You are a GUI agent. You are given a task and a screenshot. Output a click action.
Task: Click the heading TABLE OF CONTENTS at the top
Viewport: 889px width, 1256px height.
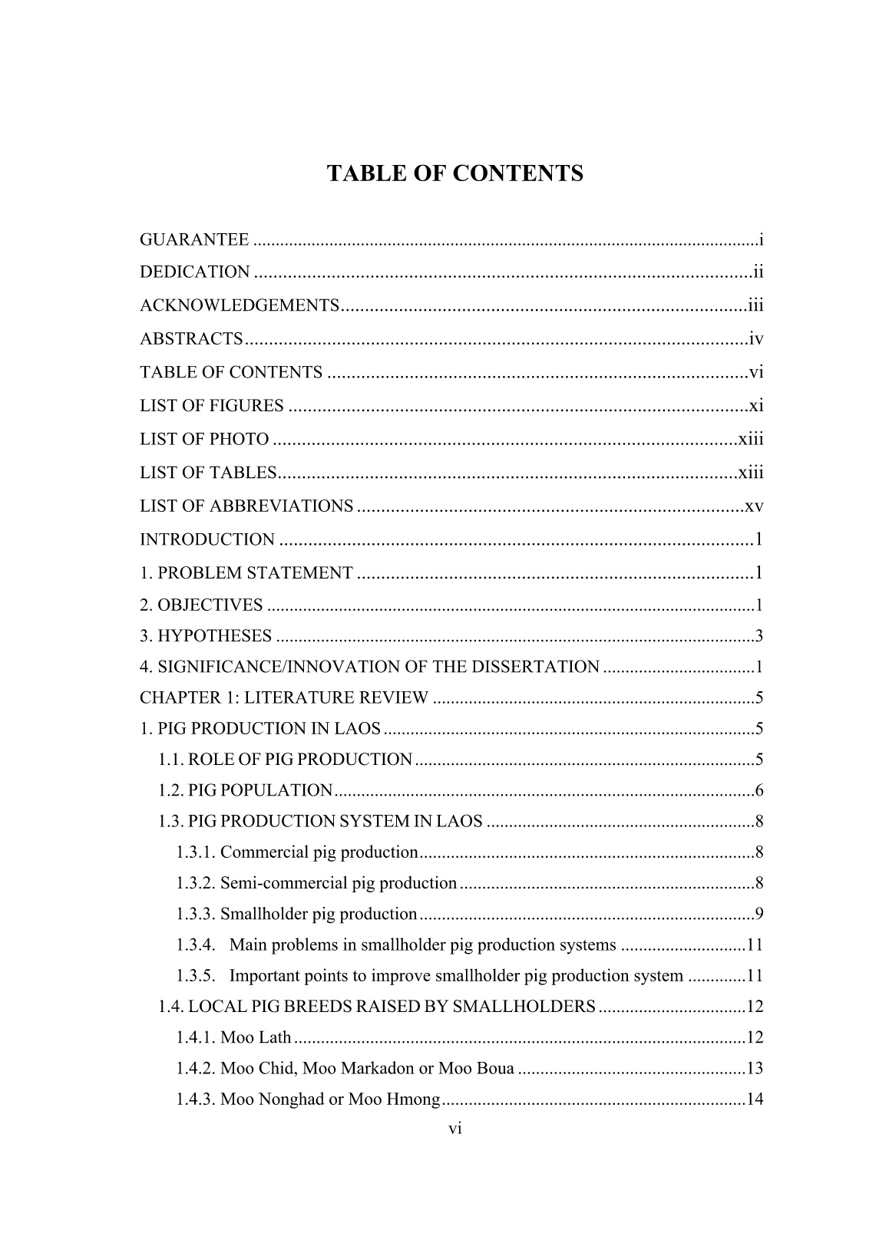point(454,173)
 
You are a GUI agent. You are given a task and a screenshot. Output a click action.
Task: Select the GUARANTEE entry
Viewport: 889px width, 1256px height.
point(194,240)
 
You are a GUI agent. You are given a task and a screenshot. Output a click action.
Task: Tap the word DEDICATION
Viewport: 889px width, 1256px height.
point(195,272)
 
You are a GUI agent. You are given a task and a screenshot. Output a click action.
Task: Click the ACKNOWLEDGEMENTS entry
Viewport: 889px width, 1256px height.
point(240,306)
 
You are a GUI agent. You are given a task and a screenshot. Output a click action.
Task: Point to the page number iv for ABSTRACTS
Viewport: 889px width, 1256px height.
point(755,338)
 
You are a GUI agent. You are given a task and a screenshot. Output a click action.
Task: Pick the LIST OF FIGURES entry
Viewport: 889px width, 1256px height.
point(212,406)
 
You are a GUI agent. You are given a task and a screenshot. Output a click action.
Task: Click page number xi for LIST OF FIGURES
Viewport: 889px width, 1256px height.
point(756,406)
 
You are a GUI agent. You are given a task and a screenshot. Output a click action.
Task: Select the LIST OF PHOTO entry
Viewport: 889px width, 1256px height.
point(204,440)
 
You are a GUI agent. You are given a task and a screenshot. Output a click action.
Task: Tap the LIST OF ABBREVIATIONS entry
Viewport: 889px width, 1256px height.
point(246,506)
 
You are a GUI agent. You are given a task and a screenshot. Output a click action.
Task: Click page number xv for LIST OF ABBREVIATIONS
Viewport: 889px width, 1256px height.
point(754,506)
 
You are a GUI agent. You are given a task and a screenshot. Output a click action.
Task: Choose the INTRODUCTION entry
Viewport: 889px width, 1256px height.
point(207,540)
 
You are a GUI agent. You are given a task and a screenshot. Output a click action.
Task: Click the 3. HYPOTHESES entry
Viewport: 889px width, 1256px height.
point(206,636)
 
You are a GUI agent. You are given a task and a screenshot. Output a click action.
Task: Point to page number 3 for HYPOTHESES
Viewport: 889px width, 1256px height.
point(758,636)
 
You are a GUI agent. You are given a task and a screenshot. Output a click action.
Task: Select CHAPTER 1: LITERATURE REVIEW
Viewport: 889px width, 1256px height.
point(284,698)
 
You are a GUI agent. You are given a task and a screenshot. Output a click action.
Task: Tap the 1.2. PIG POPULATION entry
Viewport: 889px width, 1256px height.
point(246,790)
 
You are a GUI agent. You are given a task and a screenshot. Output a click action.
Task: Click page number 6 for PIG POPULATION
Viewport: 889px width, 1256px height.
point(758,790)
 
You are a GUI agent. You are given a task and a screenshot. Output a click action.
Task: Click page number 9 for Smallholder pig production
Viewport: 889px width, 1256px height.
point(758,914)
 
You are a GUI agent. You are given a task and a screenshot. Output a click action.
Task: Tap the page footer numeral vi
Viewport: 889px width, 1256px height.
point(454,1129)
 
